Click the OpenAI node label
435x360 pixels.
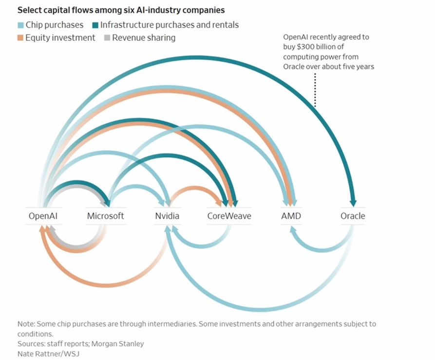click(x=44, y=216)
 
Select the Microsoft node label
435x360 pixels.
click(x=105, y=216)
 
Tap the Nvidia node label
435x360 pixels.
click(x=167, y=216)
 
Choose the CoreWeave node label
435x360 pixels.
click(x=229, y=216)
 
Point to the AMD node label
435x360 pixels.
click(x=291, y=216)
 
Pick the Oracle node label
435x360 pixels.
click(x=353, y=216)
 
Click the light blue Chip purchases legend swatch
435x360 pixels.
click(x=20, y=25)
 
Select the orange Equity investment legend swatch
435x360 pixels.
click(x=20, y=38)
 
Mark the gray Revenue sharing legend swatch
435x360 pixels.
click(x=107, y=38)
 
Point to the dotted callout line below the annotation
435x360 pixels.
click(x=315, y=90)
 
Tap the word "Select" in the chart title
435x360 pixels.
click(x=29, y=10)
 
